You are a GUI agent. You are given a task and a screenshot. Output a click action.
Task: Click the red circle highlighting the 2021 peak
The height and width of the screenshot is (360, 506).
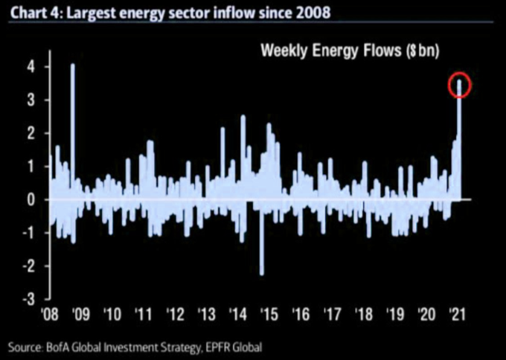(460, 86)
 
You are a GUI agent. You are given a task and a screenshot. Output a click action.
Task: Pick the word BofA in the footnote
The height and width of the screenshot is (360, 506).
(62, 347)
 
